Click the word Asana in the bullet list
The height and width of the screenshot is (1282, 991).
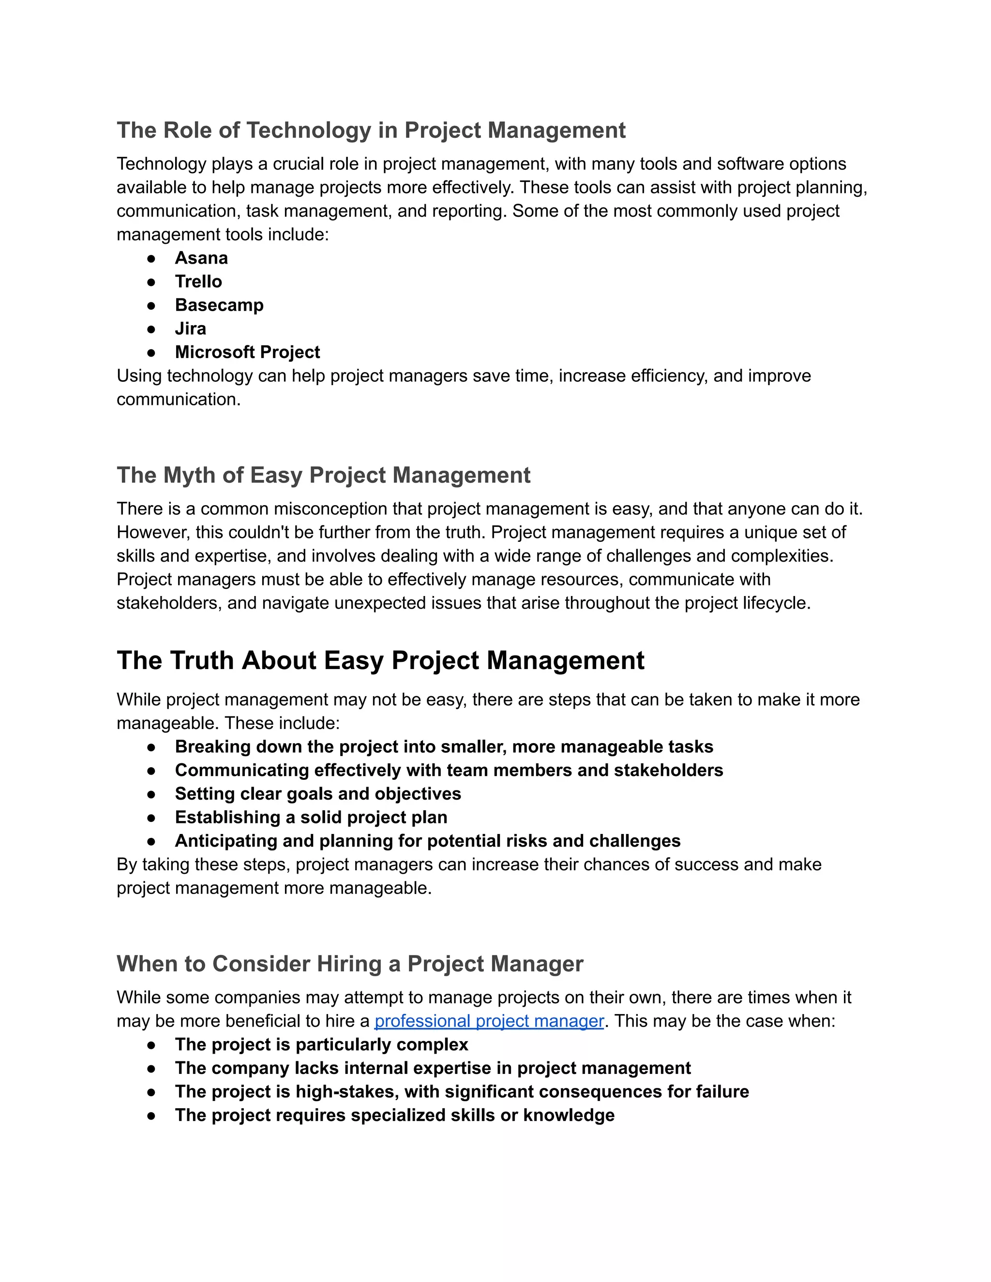pyautogui.click(x=201, y=258)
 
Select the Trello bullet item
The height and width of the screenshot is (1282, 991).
pyautogui.click(x=198, y=282)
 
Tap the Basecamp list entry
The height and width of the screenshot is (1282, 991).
pyautogui.click(x=219, y=305)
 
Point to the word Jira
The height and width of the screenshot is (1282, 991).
pyautogui.click(x=190, y=328)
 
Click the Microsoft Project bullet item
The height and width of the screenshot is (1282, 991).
pyautogui.click(x=247, y=352)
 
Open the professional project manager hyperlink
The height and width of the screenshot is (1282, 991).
pyautogui.click(x=489, y=1021)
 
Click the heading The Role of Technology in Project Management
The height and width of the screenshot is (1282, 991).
pyautogui.click(x=371, y=130)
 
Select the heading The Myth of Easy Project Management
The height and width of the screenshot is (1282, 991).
pyautogui.click(x=324, y=476)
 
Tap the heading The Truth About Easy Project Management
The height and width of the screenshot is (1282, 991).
pyautogui.click(x=380, y=661)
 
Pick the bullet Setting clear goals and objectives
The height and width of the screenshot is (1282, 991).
pyautogui.click(x=317, y=794)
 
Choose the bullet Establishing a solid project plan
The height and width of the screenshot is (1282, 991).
pyautogui.click(x=311, y=818)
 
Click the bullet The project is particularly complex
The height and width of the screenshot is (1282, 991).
pyautogui.click(x=321, y=1045)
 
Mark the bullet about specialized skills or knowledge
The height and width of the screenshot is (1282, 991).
pyautogui.click(x=394, y=1115)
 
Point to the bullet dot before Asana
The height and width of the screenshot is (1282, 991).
pyautogui.click(x=151, y=259)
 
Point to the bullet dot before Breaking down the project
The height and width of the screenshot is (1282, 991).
pyautogui.click(x=151, y=747)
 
